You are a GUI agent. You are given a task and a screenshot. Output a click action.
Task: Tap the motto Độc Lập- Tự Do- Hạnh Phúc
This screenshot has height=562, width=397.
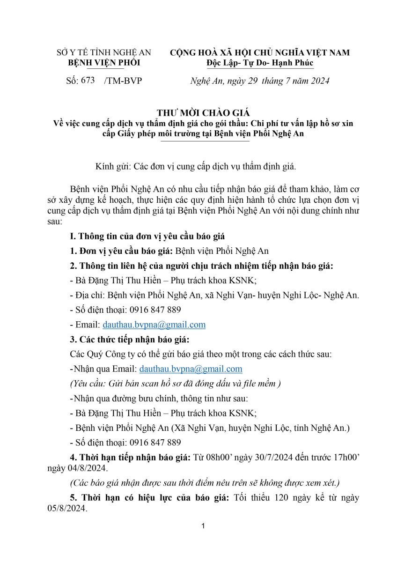point(260,62)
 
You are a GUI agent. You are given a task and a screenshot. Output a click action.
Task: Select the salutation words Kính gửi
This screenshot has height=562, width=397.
point(112,166)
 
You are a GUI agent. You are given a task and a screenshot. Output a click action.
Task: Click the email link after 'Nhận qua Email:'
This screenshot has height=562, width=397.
point(191,369)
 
